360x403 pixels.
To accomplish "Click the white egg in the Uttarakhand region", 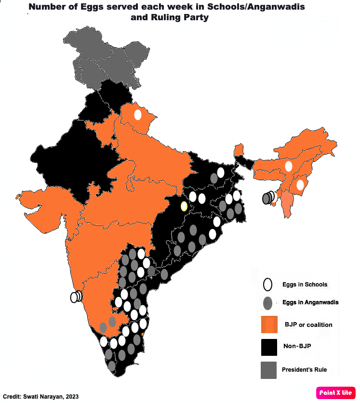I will (x=138, y=115).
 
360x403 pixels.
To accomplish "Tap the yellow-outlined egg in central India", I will (x=184, y=207).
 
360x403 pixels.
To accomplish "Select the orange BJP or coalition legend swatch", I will (x=269, y=325).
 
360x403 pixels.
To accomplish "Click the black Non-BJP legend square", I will (x=269, y=347).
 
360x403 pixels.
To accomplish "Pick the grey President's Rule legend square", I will (x=269, y=370).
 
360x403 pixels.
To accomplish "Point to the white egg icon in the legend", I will (x=268, y=285).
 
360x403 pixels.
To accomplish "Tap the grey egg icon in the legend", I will (x=268, y=303).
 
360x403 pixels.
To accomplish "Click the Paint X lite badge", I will (x=336, y=392).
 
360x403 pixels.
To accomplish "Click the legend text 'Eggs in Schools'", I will (x=305, y=285).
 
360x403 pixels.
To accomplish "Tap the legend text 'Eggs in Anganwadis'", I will (x=310, y=302).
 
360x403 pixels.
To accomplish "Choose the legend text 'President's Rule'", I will (x=304, y=370).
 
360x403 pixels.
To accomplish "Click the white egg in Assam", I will (x=289, y=166).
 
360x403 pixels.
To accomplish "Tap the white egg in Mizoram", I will (x=301, y=184).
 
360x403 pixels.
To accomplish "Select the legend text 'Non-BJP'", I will (x=296, y=346).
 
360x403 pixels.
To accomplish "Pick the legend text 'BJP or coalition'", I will (x=308, y=325).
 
